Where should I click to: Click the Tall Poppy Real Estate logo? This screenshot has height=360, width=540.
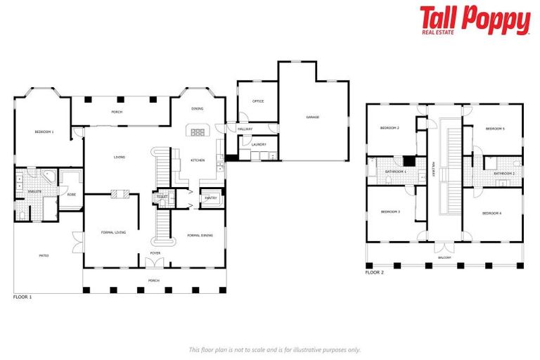pos(475,20)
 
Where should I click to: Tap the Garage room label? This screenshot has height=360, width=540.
pos(312,117)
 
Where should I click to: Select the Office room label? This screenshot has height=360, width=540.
pos(258,101)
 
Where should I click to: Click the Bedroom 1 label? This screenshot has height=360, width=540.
pos(44,131)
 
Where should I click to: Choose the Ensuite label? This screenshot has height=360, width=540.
pos(34,191)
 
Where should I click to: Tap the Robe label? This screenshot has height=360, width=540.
pos(71,194)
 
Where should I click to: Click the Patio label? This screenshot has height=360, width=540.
pos(44,255)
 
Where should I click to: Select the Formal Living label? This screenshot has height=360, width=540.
pos(113,231)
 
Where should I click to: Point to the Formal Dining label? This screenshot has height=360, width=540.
pos(200,235)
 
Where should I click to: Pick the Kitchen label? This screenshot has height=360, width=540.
pos(198,160)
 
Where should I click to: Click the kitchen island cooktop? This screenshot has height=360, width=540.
pos(198,131)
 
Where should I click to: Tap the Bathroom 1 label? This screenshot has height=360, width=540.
pos(396,172)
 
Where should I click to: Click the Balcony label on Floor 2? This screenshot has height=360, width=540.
pos(444,258)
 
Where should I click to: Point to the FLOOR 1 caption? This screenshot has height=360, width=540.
pos(22,297)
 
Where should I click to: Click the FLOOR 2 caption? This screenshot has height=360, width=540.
pos(375,272)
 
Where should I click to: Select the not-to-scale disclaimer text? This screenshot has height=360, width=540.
pos(275,349)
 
